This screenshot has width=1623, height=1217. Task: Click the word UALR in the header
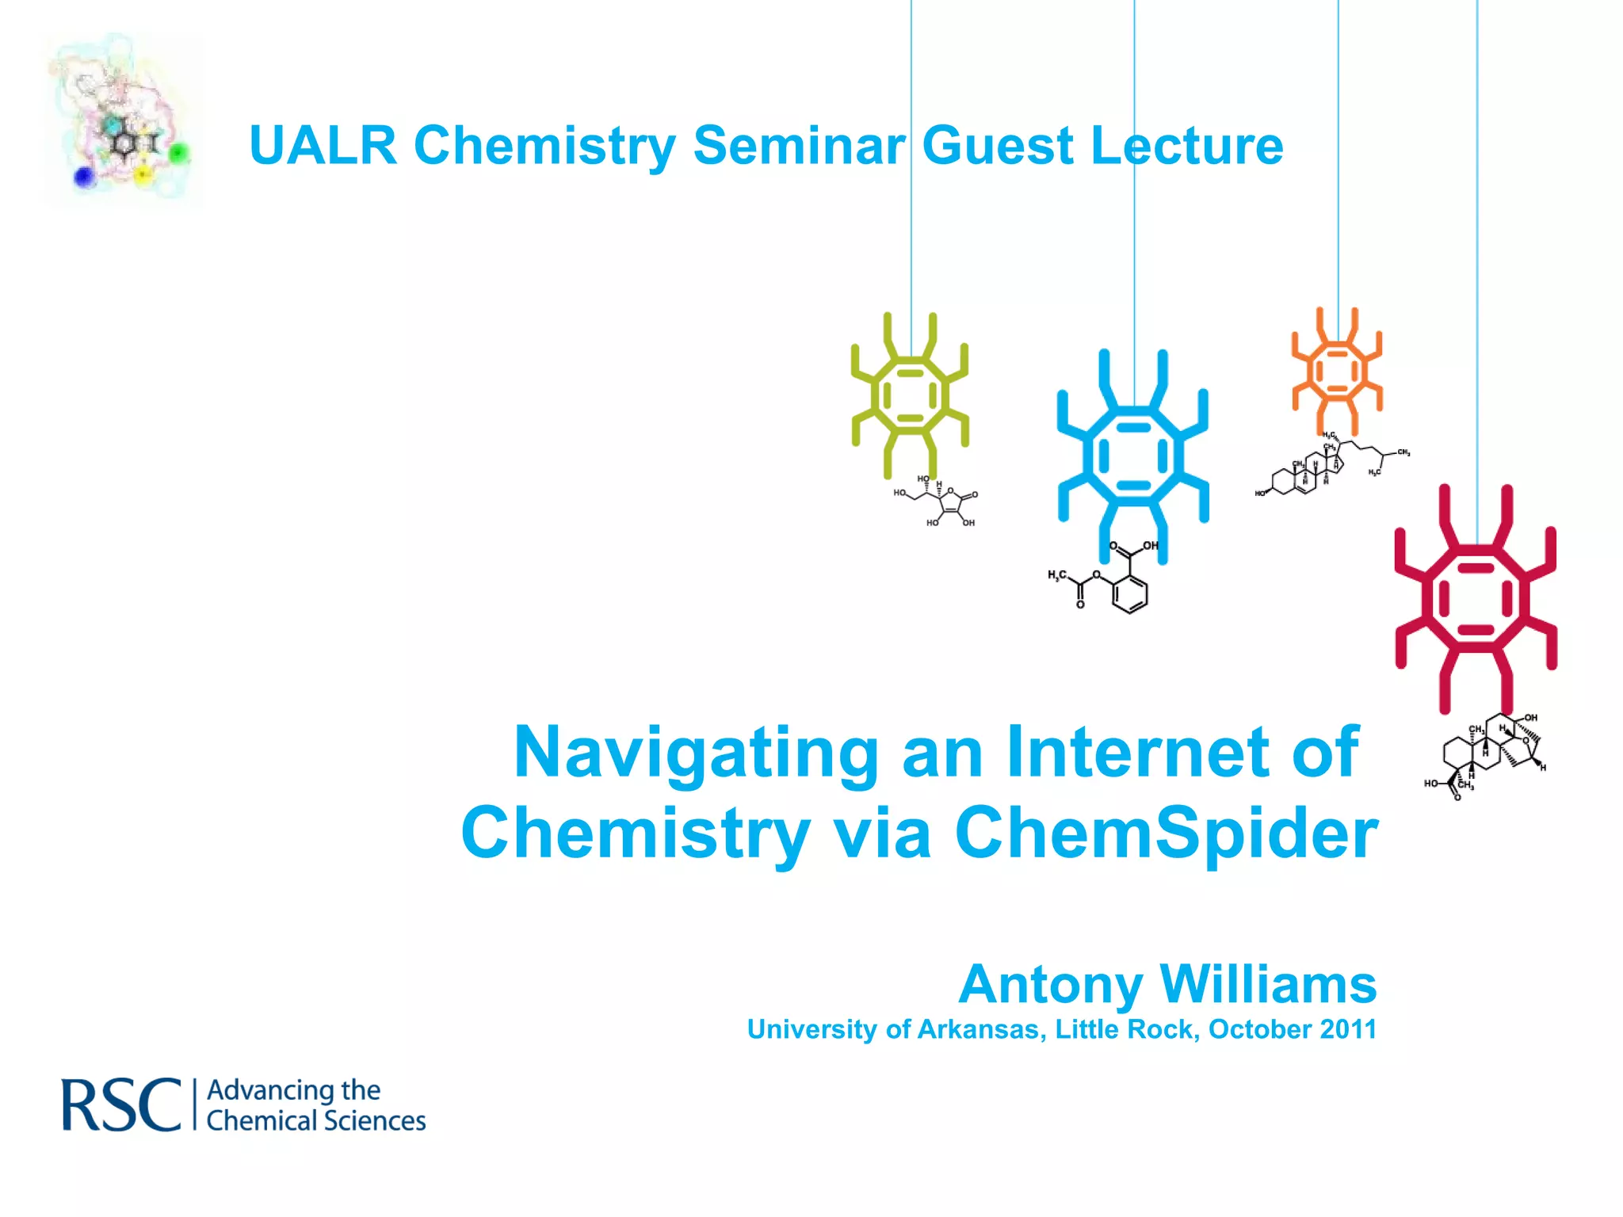point(323,146)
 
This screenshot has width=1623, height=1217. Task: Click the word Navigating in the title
point(696,753)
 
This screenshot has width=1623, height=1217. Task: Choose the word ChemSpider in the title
point(1167,834)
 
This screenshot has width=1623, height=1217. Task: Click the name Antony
point(1051,985)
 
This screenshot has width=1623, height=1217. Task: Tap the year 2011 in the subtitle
point(1348,1029)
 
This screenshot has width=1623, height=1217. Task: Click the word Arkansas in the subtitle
point(982,1029)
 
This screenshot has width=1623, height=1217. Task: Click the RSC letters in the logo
point(121,1105)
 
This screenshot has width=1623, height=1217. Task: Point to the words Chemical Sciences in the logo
point(315,1121)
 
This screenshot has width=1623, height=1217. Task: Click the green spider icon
point(910,395)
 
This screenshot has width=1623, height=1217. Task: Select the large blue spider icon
point(1133,457)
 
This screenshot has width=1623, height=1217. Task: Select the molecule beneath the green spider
point(939,502)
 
